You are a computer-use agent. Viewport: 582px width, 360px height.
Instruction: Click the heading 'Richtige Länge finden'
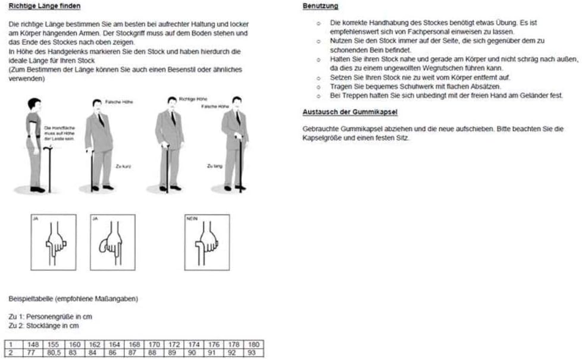coord(45,7)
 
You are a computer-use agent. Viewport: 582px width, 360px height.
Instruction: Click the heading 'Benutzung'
coord(321,7)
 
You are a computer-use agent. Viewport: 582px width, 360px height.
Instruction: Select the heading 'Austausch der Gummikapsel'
coord(350,112)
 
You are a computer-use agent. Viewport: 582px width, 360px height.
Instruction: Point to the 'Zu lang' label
coord(214,167)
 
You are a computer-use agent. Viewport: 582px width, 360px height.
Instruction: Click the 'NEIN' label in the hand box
coord(192,220)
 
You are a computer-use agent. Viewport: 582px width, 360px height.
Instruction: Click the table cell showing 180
coord(253,344)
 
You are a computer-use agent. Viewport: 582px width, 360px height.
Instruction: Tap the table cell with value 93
coord(253,352)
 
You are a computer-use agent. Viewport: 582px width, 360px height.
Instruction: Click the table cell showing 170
coord(155,344)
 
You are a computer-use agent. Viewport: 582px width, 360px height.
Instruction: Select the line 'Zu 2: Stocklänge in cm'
coord(43,325)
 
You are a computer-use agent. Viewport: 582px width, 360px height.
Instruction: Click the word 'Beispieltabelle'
coord(29,298)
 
